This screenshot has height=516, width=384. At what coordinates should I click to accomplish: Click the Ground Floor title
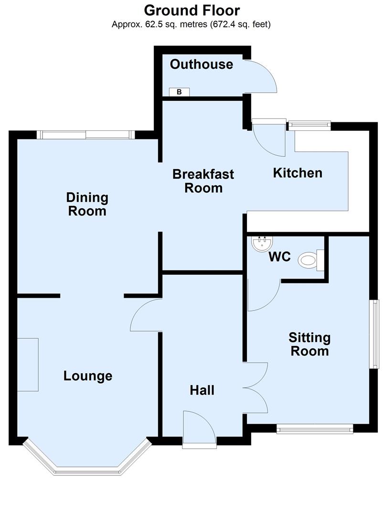pyautogui.click(x=192, y=10)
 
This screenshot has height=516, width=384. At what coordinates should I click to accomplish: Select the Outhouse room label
pyautogui.click(x=202, y=64)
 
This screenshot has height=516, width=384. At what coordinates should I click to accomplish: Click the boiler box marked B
pyautogui.click(x=179, y=92)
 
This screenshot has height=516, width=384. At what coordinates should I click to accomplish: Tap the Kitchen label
pyautogui.click(x=297, y=172)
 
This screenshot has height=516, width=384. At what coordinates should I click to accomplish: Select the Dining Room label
pyautogui.click(x=87, y=204)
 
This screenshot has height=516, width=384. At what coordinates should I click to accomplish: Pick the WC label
pyautogui.click(x=279, y=257)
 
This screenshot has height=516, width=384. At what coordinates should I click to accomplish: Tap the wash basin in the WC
pyautogui.click(x=262, y=244)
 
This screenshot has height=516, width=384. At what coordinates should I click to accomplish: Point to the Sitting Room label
pyautogui.click(x=309, y=344)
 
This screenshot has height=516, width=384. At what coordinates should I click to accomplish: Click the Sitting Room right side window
pyautogui.click(x=375, y=334)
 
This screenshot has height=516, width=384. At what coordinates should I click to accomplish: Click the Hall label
pyautogui.click(x=202, y=390)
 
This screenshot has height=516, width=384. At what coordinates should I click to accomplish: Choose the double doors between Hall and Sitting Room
pyautogui.click(x=256, y=387)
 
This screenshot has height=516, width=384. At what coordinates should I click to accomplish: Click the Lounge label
pyautogui.click(x=88, y=376)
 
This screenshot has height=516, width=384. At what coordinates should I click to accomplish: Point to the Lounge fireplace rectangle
pyautogui.click(x=28, y=365)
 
